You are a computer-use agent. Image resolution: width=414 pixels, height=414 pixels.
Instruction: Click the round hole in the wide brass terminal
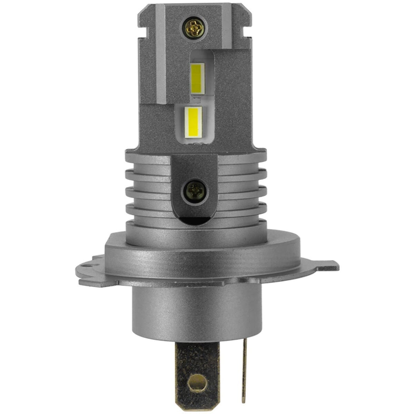pyautogui.click(x=198, y=382)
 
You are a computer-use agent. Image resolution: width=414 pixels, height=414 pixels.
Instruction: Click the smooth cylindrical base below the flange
pyautogui.click(x=195, y=307)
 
